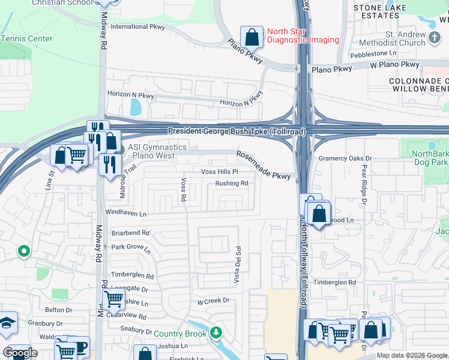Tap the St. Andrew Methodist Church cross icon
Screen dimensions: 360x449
435,39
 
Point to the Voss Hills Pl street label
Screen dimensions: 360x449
220,172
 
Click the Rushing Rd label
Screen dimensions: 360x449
232,184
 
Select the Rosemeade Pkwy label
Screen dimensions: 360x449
264,165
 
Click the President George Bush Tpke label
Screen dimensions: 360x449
237,131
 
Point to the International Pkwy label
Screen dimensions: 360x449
137,26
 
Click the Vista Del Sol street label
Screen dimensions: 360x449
238,264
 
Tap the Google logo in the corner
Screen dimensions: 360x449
20,353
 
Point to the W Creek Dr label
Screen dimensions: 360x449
209,300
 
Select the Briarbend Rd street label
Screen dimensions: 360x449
130,233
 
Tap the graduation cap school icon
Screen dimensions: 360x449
5,323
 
